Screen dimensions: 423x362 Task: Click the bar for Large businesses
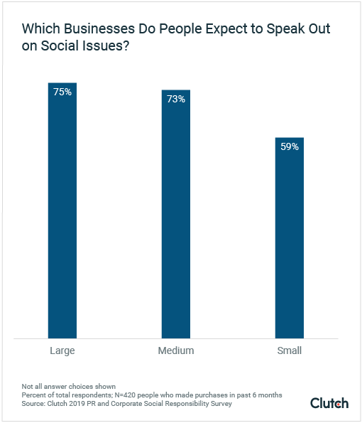click(x=62, y=213)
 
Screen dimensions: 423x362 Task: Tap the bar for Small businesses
click(x=289, y=242)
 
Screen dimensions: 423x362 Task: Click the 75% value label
click(x=62, y=92)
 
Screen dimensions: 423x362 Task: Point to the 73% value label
click(x=175, y=99)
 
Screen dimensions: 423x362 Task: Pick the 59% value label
click(x=289, y=147)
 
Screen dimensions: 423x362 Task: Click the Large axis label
click(x=62, y=350)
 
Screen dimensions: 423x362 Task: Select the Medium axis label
click(x=175, y=350)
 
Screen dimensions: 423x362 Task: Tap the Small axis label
click(x=289, y=350)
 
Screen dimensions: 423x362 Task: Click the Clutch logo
click(x=329, y=403)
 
